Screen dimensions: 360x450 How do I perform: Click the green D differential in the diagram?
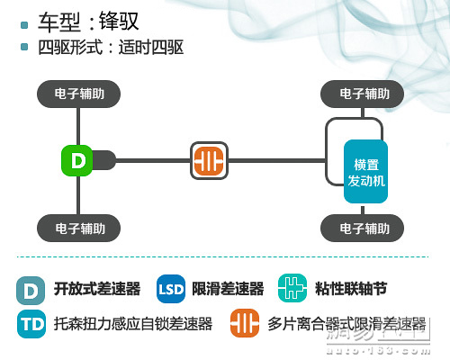[78, 162]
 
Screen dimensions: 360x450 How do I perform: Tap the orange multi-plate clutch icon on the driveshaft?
[210, 162]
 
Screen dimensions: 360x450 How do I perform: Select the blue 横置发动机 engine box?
[365, 173]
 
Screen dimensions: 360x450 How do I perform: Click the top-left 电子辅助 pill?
[79, 94]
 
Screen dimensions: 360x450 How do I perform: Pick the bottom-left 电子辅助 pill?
[79, 228]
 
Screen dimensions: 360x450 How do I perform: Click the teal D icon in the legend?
[31, 289]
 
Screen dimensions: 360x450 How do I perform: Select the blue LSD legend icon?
[171, 289]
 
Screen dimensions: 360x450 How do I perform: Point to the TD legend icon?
[31, 323]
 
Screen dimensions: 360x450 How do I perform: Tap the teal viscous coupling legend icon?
[292, 289]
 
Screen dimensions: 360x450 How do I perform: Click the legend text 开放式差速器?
[96, 289]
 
